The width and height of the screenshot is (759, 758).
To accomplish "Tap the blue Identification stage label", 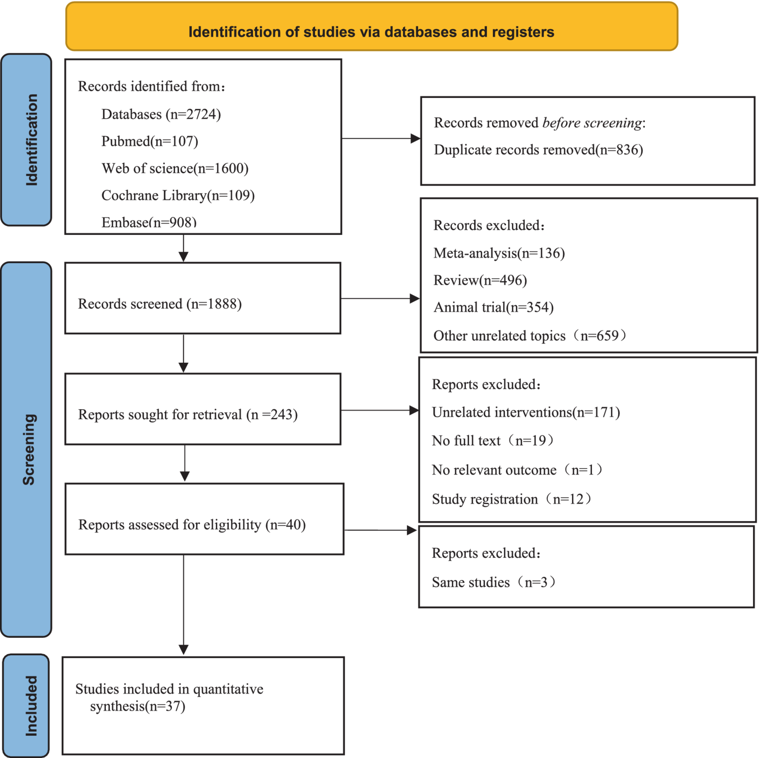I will [x=27, y=140].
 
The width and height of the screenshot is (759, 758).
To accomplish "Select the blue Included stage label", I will [x=27, y=706].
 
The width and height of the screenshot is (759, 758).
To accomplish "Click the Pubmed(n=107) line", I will [x=149, y=142].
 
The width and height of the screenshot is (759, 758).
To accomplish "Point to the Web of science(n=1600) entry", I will [x=175, y=169].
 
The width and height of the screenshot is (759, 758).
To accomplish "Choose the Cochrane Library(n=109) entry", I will [x=178, y=195].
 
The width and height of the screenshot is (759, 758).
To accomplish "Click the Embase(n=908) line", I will [x=149, y=223].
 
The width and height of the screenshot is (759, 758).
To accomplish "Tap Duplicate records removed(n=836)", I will [x=538, y=150].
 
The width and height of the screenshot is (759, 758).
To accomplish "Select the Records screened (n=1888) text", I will [x=160, y=304].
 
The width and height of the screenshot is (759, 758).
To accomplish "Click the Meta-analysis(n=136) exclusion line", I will [x=498, y=253].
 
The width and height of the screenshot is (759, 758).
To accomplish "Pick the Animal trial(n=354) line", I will [x=493, y=308].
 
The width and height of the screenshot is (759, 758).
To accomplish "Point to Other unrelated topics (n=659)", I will [x=530, y=336].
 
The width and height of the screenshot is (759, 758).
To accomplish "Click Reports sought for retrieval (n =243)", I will [x=187, y=415].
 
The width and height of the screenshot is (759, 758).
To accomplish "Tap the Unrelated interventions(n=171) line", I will [x=526, y=413].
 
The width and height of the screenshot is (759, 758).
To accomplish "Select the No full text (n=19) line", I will [x=492, y=441].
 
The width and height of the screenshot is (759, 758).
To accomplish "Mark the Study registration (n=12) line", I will [x=511, y=499].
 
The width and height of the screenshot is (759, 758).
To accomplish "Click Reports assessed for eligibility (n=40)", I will [x=192, y=525].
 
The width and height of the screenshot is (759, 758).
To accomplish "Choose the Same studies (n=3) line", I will [x=493, y=582].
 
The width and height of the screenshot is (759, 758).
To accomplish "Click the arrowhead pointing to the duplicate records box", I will [x=415, y=139].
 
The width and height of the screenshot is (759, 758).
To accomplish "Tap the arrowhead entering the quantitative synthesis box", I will [x=183, y=650].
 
